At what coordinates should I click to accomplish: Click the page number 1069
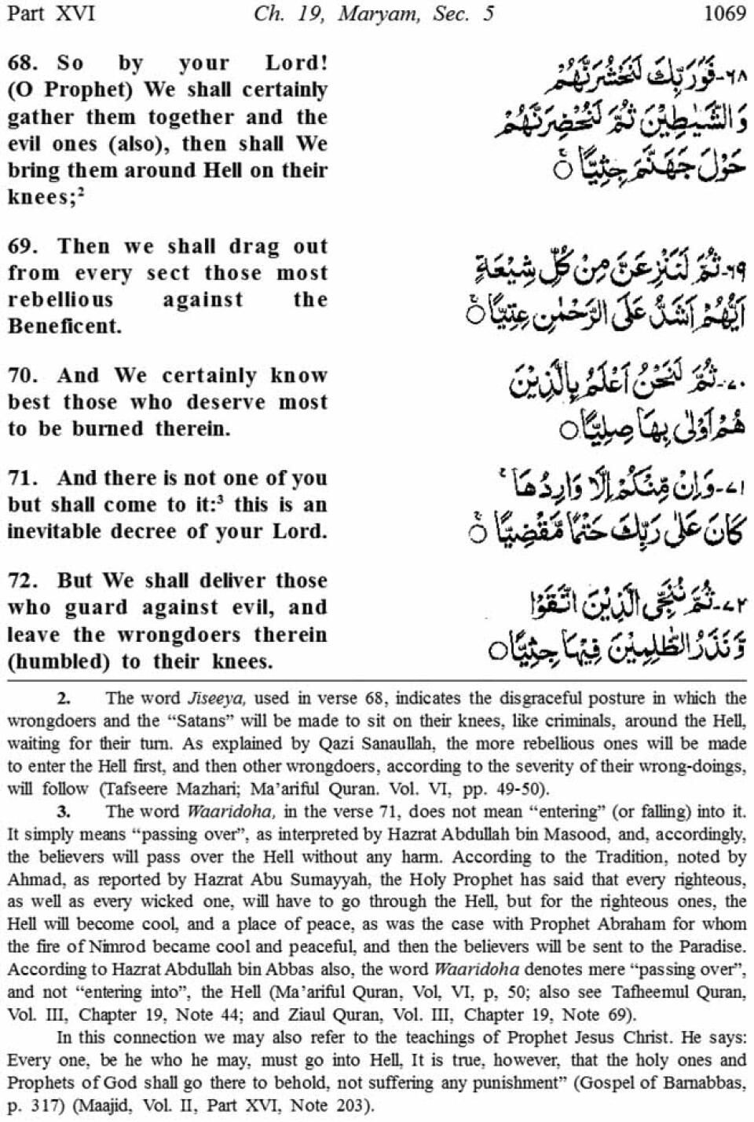[x=723, y=13]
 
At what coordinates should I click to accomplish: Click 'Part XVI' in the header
[x=49, y=13]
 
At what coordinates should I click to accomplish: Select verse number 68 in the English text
[x=21, y=63]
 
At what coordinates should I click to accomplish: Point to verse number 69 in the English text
[x=21, y=246]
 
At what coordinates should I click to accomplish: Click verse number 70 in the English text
[x=21, y=376]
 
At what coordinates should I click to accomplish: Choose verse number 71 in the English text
[x=21, y=478]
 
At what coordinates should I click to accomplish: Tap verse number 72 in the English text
[x=21, y=581]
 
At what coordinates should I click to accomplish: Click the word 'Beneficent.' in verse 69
[x=64, y=326]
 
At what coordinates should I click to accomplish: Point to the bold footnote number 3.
[x=64, y=811]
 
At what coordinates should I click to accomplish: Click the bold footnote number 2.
[x=64, y=698]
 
